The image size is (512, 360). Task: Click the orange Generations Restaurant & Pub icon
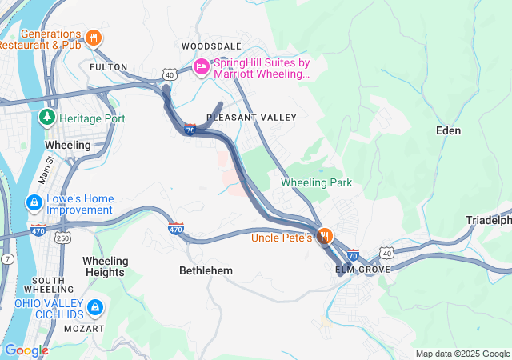(x=94, y=36)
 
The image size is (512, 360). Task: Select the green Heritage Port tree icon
(x=46, y=118)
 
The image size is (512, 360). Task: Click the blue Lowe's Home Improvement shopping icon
(x=34, y=202)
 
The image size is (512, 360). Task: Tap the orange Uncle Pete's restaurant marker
(x=325, y=237)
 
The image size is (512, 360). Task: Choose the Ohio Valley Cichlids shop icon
(x=94, y=307)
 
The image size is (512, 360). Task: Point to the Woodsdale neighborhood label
(x=210, y=46)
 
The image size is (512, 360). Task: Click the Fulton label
(x=109, y=67)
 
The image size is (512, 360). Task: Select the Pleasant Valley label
(x=251, y=118)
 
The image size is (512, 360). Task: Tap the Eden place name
(x=449, y=130)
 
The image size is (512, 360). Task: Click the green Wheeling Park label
(x=316, y=182)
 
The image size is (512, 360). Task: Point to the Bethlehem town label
(x=206, y=270)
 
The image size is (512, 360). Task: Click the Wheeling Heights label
(x=105, y=266)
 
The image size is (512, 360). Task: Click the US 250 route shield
(x=62, y=238)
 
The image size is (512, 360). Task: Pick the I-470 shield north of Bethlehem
(x=176, y=230)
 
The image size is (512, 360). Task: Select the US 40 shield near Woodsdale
(x=170, y=74)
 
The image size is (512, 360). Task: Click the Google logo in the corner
(x=26, y=350)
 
